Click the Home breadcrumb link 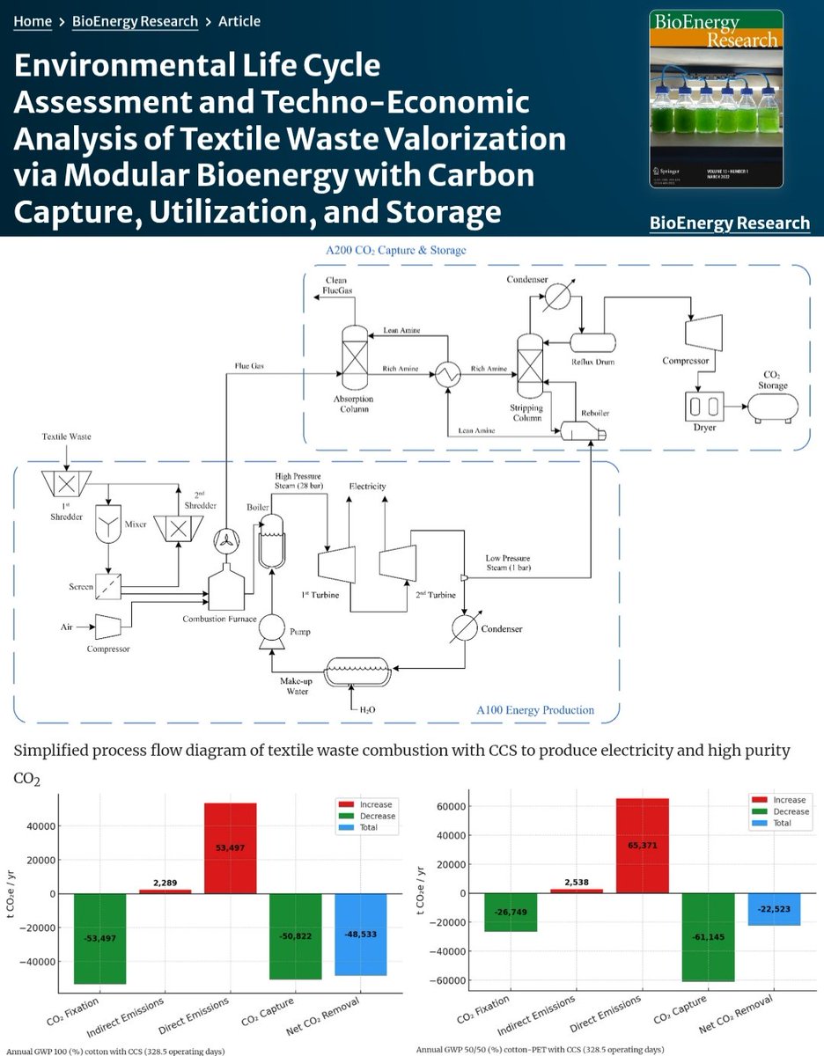[33, 21]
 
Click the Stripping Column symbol [531, 363]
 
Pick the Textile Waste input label [67, 436]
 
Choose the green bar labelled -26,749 [511, 912]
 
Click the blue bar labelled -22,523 [774, 909]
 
